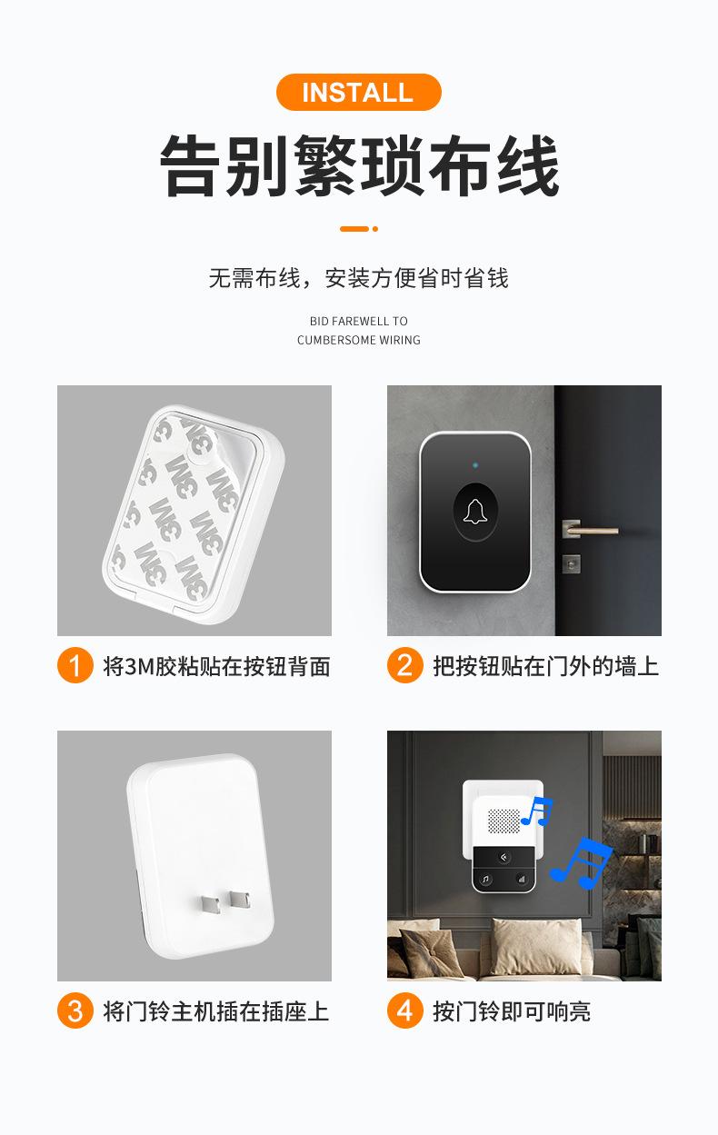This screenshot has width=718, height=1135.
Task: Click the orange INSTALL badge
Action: coord(358,93)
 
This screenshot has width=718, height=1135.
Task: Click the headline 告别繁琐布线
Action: coord(359,166)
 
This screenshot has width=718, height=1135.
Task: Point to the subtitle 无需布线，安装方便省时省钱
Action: coord(359,278)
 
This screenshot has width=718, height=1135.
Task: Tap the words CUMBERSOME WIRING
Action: coord(359,340)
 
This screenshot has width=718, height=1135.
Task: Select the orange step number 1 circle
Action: coord(75,666)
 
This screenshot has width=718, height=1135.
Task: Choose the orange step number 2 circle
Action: coord(404,666)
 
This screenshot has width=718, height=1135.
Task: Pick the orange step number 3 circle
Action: coord(75,1011)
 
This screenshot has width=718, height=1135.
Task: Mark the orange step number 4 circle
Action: coord(404,1011)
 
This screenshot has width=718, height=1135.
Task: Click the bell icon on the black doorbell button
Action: coord(474,513)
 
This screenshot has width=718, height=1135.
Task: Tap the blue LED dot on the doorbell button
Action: coord(474,465)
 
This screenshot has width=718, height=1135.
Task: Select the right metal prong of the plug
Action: coord(240,900)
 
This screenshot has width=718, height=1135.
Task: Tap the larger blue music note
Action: coord(582,861)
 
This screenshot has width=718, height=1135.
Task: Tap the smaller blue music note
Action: coord(537,811)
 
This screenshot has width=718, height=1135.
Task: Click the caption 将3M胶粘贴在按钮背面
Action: coord(216,666)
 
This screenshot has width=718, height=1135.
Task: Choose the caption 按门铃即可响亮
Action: coord(512,1011)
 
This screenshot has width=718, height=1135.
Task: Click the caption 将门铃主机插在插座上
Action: coord(216,1011)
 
